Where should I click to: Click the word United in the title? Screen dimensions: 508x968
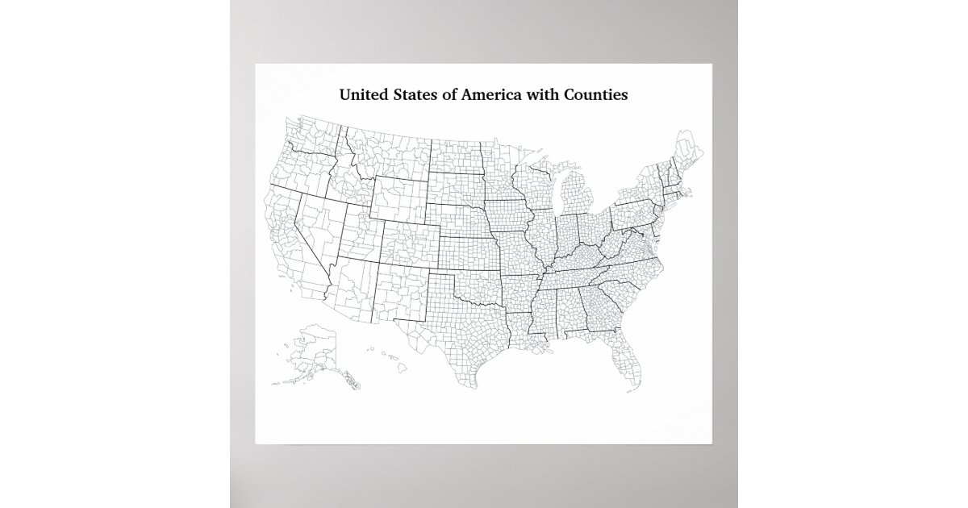(364, 95)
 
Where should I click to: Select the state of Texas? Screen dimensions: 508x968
(460, 339)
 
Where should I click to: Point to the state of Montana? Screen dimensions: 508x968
(387, 149)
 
